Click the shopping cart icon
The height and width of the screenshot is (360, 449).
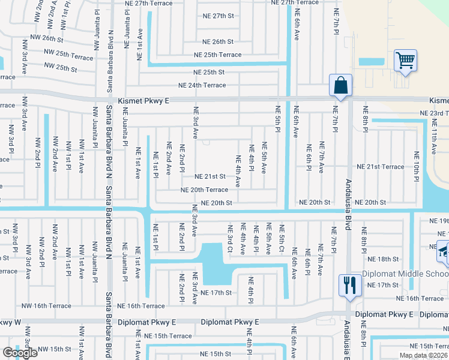coord(406,61)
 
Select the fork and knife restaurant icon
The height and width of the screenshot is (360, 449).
coord(349,285)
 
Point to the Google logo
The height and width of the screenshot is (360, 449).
coord(20,353)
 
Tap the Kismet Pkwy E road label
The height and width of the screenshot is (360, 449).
coord(143,101)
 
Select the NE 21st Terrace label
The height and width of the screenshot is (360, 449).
coord(381,166)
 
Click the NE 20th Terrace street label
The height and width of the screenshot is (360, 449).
coord(205,190)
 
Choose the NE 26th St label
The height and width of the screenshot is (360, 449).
coord(218,42)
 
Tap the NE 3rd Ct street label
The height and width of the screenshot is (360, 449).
coord(229,238)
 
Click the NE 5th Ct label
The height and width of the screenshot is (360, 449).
coord(282,238)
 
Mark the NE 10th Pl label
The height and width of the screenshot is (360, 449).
coord(416,163)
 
